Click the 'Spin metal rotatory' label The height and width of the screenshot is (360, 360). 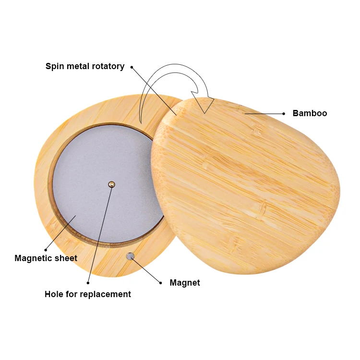click(85, 66)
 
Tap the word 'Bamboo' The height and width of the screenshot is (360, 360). click(310, 113)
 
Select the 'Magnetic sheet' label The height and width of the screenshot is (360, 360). click(46, 258)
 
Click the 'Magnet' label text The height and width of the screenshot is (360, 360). click(185, 283)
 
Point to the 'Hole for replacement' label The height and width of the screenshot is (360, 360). click(88, 294)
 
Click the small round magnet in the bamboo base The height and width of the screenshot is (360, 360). click(130, 256)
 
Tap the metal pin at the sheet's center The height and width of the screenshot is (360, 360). click(111, 184)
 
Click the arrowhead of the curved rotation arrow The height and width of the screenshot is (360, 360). click(205, 103)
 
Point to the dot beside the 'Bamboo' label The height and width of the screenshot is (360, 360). click(284, 114)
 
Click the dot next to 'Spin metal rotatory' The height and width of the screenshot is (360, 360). click(132, 67)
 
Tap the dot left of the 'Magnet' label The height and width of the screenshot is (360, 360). click(161, 283)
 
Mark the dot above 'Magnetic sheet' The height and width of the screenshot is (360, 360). click(46, 250)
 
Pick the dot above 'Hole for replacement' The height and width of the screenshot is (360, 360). click(88, 283)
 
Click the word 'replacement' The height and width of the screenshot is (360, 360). click(107, 294)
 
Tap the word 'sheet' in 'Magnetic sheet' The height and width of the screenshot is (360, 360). click(66, 258)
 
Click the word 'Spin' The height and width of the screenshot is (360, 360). click(54, 66)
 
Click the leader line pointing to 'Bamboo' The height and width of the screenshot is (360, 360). click(264, 114)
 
